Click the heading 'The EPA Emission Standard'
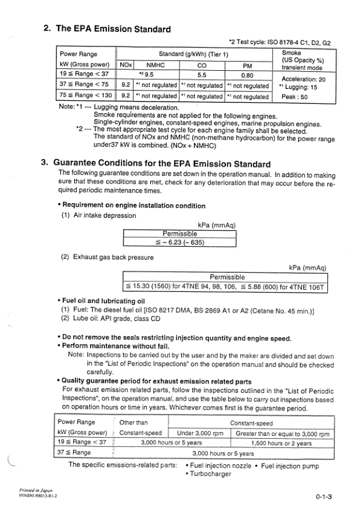click(106, 28)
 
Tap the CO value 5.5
click(202, 76)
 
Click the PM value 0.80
click(247, 76)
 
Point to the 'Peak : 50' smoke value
click(295, 96)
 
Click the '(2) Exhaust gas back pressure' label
click(107, 257)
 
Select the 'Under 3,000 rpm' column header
click(201, 433)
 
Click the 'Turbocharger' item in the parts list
click(208, 474)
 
